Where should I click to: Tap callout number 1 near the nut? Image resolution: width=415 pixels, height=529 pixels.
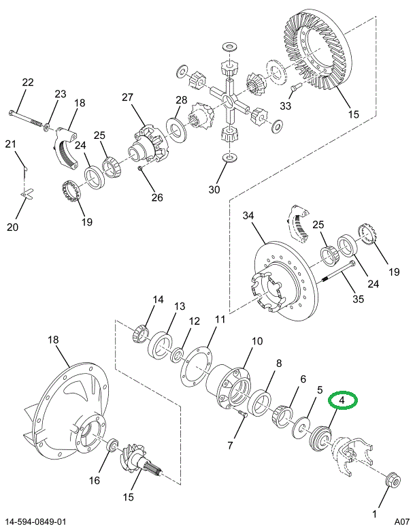coord(373,513)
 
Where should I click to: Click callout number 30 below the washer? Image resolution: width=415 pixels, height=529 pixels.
coord(214,190)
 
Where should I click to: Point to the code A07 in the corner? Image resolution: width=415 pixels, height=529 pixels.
coord(398,522)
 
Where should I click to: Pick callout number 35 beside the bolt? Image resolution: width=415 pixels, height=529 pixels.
coord(358,298)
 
